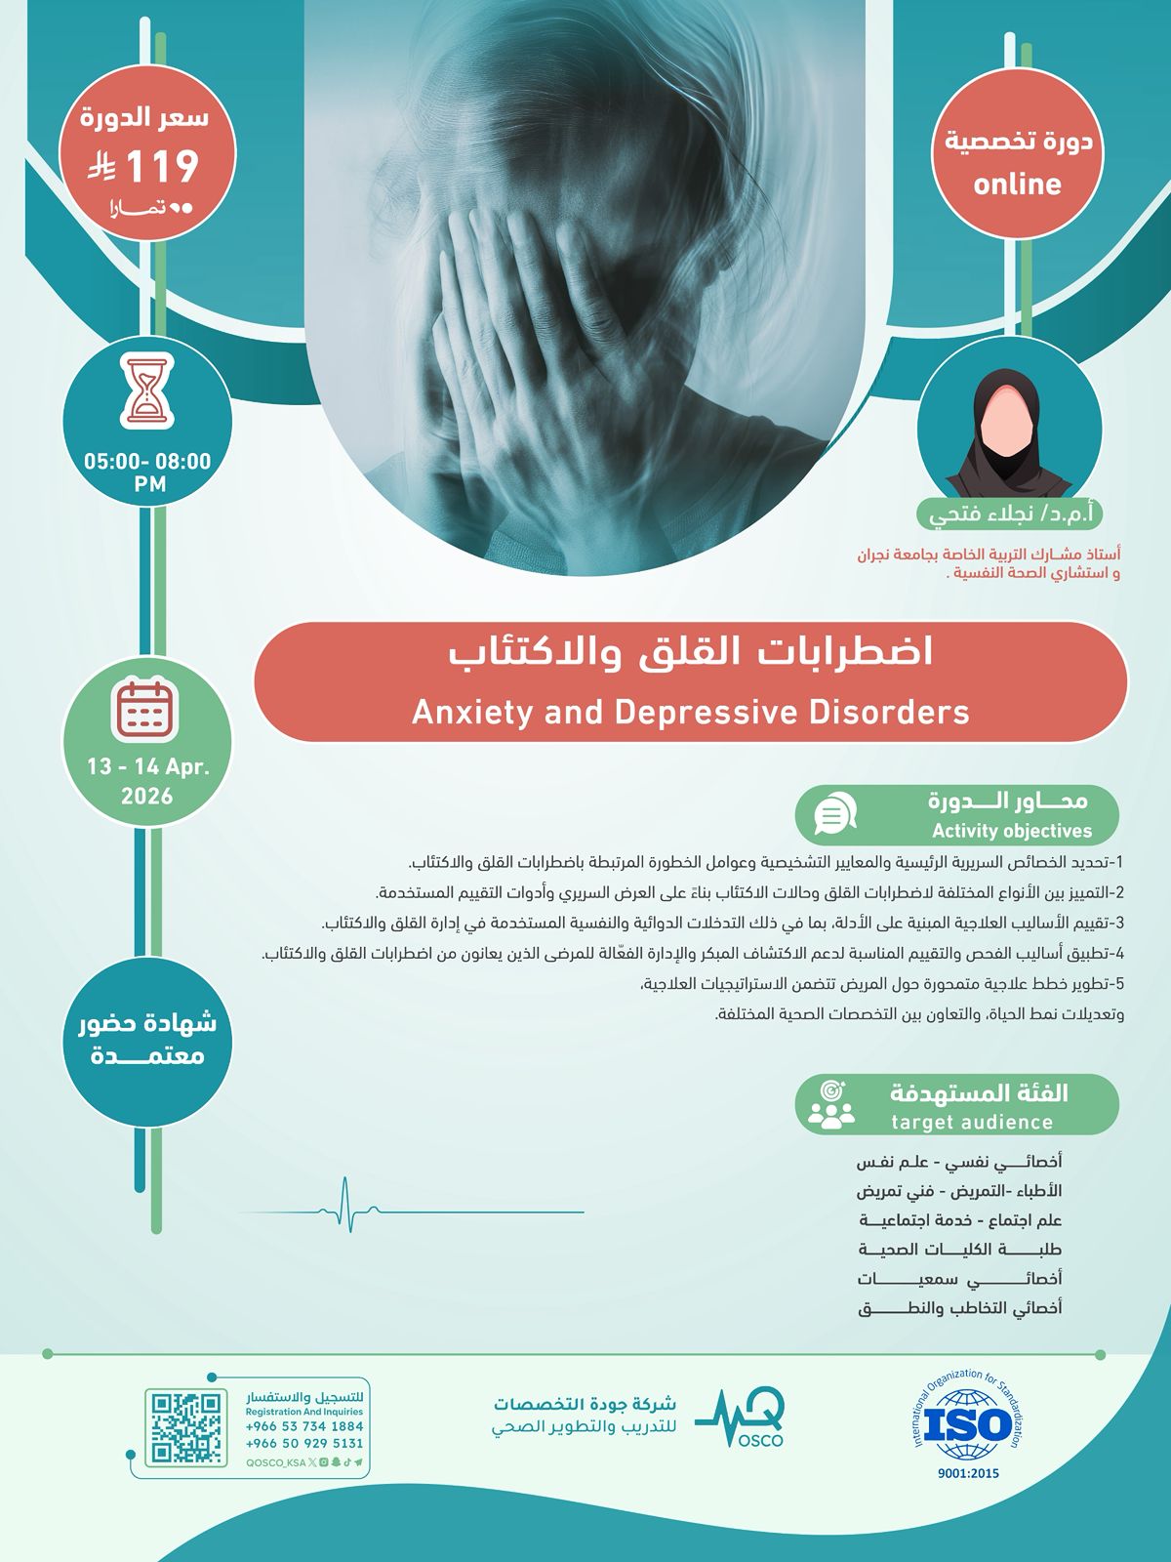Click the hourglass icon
coord(147,392)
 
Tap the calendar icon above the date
coord(145,708)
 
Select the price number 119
coord(162,167)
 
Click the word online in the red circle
coord(1017,185)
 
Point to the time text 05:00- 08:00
coord(147,462)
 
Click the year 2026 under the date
coord(147,797)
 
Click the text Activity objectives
coord(1011,832)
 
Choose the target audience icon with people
coord(831,1105)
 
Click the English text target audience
coord(972,1123)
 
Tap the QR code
coord(184,1428)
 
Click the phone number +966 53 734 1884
coord(304,1426)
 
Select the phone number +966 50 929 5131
coord(304,1443)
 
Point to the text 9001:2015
coord(968,1474)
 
